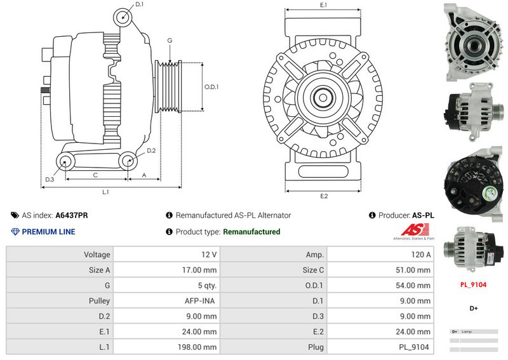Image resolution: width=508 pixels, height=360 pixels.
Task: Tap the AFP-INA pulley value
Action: pyautogui.click(x=203, y=301)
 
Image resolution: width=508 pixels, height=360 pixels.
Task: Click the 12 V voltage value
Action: pyautogui.click(x=210, y=255)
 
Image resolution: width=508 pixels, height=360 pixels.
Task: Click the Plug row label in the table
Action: pyautogui.click(x=316, y=347)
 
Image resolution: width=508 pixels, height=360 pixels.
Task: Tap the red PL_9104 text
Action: pyautogui.click(x=473, y=285)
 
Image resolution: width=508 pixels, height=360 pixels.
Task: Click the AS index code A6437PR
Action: pyautogui.click(x=72, y=215)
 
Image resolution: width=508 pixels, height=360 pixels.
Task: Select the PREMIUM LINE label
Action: pyautogui.click(x=48, y=232)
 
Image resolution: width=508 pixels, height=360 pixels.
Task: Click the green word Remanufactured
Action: pyautogui.click(x=251, y=232)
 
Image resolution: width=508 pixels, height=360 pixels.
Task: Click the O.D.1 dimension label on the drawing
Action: pyautogui.click(x=211, y=87)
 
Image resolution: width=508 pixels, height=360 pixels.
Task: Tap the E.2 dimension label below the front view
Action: pyautogui.click(x=323, y=196)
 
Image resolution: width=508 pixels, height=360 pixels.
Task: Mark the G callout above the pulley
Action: pyautogui.click(x=170, y=41)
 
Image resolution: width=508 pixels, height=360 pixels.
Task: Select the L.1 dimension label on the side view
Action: pyautogui.click(x=106, y=191)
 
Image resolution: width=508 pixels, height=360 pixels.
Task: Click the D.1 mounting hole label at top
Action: pyautogui.click(x=140, y=4)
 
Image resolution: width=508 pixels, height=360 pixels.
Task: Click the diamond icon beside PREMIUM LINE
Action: pyautogui.click(x=15, y=232)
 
